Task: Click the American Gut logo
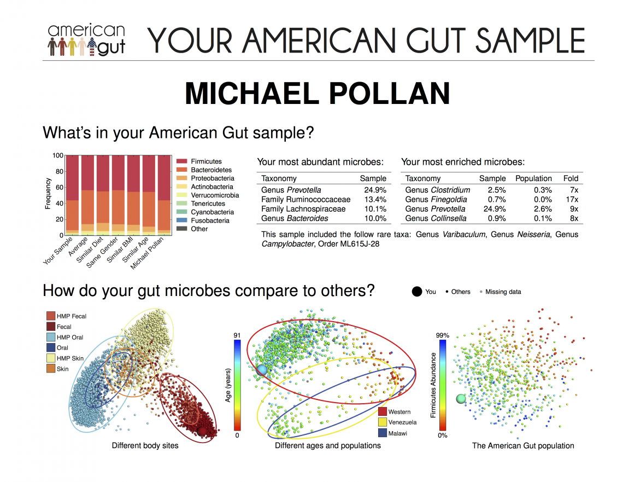[86, 40]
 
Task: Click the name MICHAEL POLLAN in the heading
[317, 94]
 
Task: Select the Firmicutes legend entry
[206, 161]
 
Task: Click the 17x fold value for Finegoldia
[572, 200]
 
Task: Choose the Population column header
[533, 178]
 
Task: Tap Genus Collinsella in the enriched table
[436, 218]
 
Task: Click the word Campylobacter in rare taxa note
[286, 243]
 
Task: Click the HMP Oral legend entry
[70, 337]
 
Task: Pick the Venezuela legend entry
[402, 422]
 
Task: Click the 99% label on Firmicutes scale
[442, 335]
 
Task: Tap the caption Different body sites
[145, 445]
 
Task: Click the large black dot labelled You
[416, 292]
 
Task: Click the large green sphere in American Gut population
[461, 399]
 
